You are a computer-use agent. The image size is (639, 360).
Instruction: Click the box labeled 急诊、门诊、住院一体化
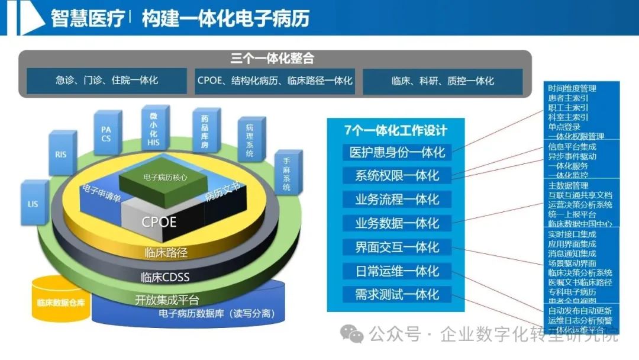pyautogui.click(x=107, y=81)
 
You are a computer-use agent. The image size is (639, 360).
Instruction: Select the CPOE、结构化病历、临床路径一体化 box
pyautogui.click(x=275, y=81)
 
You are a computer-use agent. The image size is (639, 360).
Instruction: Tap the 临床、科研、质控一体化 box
pyautogui.click(x=442, y=81)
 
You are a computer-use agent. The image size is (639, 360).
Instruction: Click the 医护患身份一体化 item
pyautogui.click(x=397, y=152)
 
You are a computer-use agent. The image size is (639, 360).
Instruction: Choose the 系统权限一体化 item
pyautogui.click(x=397, y=176)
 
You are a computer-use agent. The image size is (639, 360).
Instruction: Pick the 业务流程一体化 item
pyautogui.click(x=397, y=200)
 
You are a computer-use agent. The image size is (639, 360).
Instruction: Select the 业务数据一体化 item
pyautogui.click(x=397, y=223)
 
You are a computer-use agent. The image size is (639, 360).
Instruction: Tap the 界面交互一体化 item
pyautogui.click(x=397, y=247)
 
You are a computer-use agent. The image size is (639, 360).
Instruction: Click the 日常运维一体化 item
pyautogui.click(x=397, y=271)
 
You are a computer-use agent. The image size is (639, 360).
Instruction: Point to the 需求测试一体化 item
pyautogui.click(x=397, y=294)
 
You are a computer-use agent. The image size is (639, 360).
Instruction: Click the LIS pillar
pyautogui.click(x=33, y=204)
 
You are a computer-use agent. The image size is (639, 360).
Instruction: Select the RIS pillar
pyautogui.click(x=61, y=154)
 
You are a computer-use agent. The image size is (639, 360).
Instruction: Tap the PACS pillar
pyautogui.click(x=106, y=134)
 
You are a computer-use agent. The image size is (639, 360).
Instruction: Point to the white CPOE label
pyautogui.click(x=159, y=222)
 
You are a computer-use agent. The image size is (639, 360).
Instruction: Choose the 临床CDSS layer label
pyautogui.click(x=165, y=276)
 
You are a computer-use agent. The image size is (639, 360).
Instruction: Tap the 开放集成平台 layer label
pyautogui.click(x=167, y=299)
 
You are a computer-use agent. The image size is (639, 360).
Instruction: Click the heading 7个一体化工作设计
pyautogui.click(x=396, y=130)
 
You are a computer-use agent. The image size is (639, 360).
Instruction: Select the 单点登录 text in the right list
pyautogui.click(x=564, y=127)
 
